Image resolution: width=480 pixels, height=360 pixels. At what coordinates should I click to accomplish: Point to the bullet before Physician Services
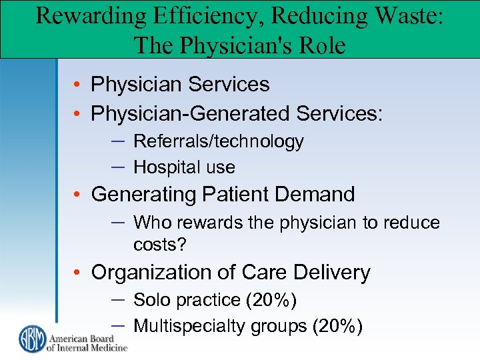point(79,85)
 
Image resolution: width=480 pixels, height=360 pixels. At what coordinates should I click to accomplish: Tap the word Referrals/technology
point(218,141)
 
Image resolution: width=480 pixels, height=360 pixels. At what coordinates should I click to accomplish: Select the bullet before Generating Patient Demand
point(79,195)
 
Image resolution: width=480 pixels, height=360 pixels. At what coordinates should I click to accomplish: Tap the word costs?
point(160,245)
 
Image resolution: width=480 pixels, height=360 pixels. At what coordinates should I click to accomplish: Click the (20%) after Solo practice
point(271,300)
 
